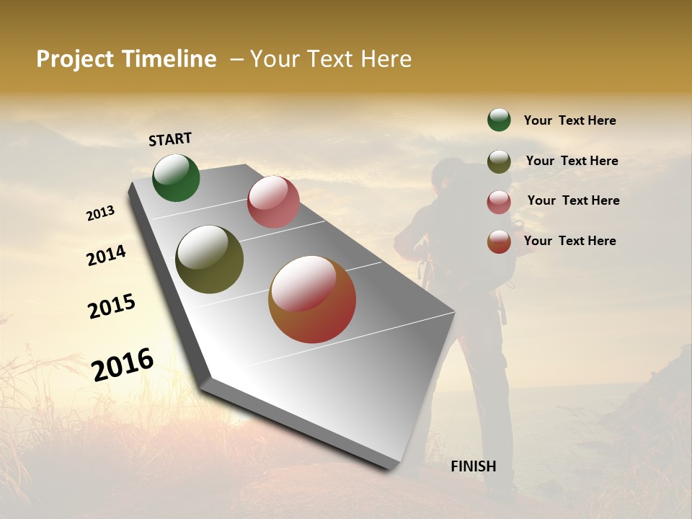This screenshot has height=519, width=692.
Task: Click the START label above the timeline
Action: pyautogui.click(x=170, y=139)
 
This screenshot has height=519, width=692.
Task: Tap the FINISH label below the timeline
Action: pyautogui.click(x=473, y=466)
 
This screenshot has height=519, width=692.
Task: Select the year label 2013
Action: pyautogui.click(x=101, y=213)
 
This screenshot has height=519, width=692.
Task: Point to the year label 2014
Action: pyautogui.click(x=107, y=256)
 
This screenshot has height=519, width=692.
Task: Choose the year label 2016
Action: pyautogui.click(x=123, y=365)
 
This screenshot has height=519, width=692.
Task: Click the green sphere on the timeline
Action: pyautogui.click(x=176, y=177)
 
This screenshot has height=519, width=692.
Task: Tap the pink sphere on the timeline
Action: pyautogui.click(x=273, y=202)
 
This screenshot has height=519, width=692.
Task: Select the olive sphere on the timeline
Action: pyautogui.click(x=209, y=259)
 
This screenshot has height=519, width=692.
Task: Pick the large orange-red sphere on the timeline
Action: pyautogui.click(x=312, y=299)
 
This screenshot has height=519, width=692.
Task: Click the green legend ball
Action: pyautogui.click(x=499, y=120)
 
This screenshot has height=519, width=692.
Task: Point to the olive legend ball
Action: pyautogui.click(x=499, y=161)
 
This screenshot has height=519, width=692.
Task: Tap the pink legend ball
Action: pyautogui.click(x=499, y=202)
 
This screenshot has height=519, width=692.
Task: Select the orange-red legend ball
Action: pyautogui.click(x=499, y=241)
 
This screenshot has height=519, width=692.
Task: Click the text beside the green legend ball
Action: pyautogui.click(x=569, y=120)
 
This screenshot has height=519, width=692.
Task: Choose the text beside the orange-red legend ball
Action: pyautogui.click(x=569, y=241)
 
